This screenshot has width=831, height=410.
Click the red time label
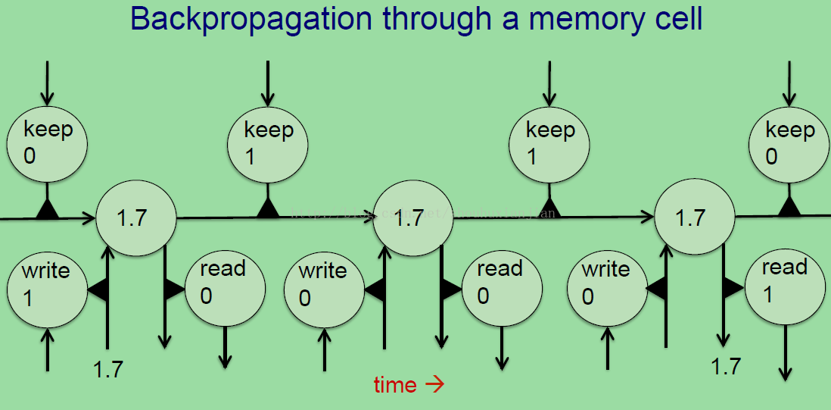point(395,385)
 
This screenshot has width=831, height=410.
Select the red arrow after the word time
point(434,385)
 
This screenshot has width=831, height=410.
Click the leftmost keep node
point(48,145)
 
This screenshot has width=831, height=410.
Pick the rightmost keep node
point(789,145)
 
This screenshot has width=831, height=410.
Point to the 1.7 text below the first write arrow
point(108,370)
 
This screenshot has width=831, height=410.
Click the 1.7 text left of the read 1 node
point(726,366)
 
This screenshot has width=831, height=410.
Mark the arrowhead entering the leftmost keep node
point(48,99)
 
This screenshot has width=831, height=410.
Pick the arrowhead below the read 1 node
point(786,373)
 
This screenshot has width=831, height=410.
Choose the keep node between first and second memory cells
point(268,145)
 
